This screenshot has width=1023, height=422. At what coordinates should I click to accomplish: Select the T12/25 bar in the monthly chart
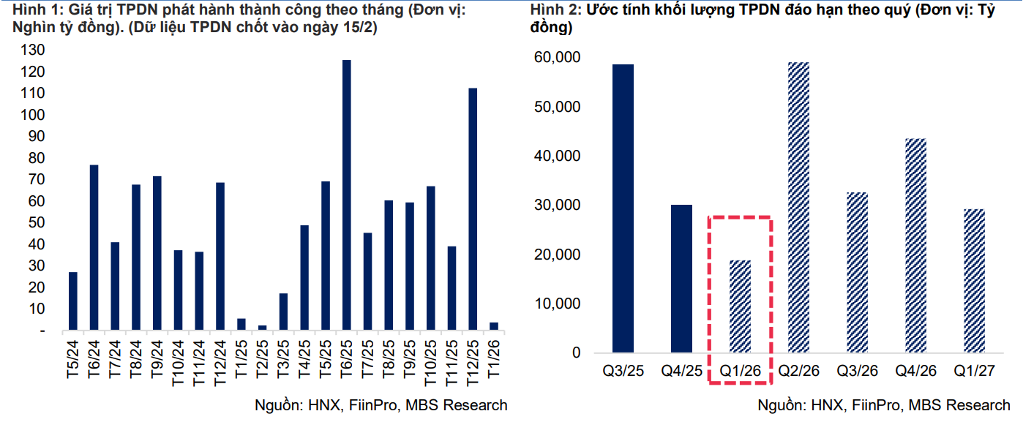coord(473,209)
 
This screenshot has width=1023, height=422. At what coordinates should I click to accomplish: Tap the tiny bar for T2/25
coord(262,328)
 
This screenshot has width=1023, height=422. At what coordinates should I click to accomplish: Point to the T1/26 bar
coord(494,326)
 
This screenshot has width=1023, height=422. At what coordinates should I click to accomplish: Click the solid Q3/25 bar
coord(623,208)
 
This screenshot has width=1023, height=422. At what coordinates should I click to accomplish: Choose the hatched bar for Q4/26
coord(916,246)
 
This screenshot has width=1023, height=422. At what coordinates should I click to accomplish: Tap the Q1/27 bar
coord(974,281)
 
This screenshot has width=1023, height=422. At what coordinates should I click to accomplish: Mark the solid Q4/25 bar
coord(682,279)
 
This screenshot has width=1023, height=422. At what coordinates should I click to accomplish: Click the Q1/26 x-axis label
coord(740,372)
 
